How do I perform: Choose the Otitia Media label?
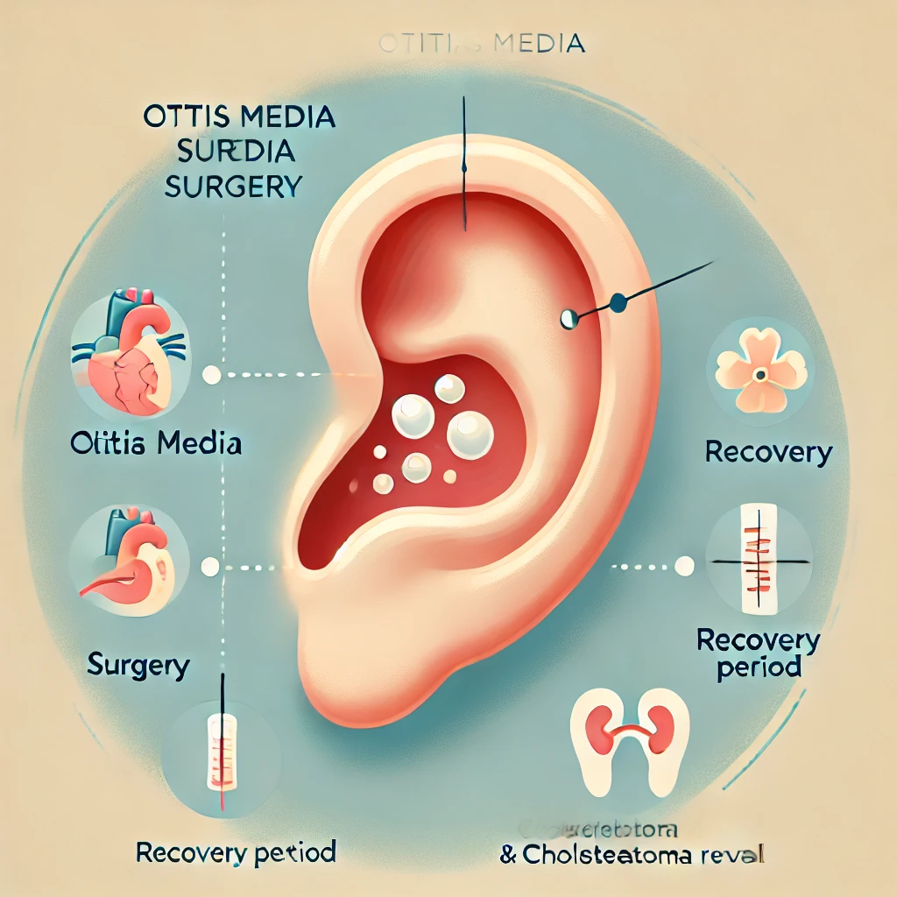point(155,443)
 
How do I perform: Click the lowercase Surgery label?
point(138,665)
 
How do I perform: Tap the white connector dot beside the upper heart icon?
point(210,375)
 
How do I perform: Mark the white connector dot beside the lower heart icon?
point(209,567)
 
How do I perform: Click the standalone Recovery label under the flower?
point(768,453)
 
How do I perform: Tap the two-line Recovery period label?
point(758,653)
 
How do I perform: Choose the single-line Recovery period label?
point(237,851)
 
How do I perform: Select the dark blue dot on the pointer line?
point(618,303)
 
